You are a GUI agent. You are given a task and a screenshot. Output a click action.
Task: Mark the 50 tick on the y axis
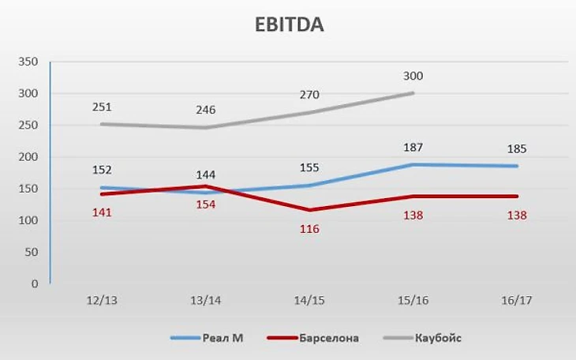32,252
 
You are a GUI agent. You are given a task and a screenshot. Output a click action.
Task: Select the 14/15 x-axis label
308,301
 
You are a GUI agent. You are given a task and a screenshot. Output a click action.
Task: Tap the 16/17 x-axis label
514,301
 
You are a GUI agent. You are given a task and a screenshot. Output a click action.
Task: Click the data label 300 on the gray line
413,77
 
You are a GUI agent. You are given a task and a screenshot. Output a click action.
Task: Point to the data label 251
103,107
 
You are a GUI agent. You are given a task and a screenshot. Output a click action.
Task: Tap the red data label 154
205,204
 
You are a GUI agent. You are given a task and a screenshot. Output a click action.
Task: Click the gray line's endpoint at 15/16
413,93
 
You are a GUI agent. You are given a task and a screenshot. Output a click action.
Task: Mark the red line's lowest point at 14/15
309,210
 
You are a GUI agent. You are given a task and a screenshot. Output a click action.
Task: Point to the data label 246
206,110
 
